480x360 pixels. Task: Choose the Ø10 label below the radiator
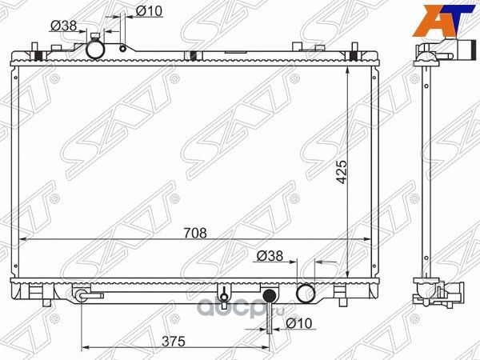(299, 323)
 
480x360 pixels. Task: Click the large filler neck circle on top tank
(97, 50)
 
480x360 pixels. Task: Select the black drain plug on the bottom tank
(270, 297)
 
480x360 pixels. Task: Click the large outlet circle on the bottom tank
(305, 293)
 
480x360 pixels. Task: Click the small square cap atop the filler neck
(97, 36)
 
